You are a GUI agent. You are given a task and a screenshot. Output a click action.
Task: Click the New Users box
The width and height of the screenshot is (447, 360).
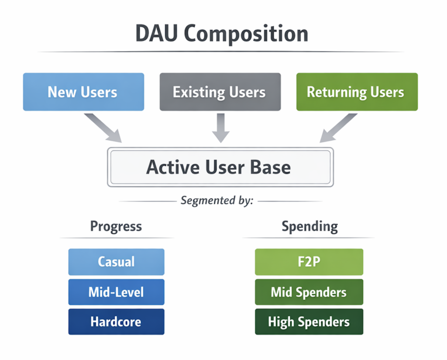(83, 92)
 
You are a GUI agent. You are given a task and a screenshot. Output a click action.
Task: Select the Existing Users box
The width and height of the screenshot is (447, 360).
(220, 92)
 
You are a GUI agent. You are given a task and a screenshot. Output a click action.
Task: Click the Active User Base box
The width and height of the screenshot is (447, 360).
(220, 167)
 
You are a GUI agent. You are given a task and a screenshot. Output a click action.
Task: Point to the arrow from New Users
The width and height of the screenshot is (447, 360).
(103, 128)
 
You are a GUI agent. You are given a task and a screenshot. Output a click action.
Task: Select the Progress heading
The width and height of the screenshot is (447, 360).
(116, 226)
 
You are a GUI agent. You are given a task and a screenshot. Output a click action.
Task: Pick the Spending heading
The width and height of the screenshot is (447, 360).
(309, 226)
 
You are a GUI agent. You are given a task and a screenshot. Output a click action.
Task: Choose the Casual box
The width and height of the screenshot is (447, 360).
(116, 262)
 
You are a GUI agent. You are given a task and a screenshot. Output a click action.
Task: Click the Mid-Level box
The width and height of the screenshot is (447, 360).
(116, 292)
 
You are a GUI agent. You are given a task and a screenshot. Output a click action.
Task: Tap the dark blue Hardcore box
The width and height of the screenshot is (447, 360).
(116, 322)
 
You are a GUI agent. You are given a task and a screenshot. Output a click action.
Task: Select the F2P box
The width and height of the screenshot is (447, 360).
(309, 262)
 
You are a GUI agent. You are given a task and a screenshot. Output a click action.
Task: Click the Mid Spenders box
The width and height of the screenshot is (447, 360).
(309, 292)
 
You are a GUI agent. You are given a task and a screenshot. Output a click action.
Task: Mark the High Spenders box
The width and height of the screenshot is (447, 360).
(309, 322)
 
